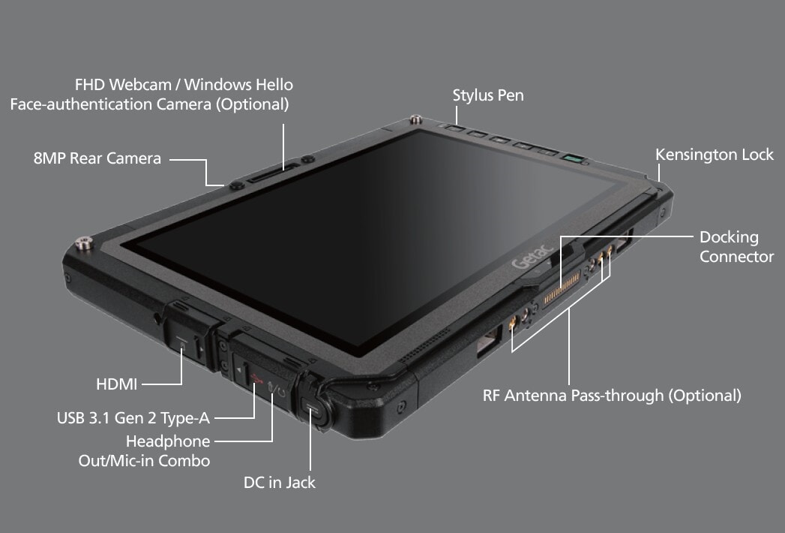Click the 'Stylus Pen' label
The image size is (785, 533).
coord(488,95)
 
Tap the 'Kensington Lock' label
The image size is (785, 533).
coord(715,155)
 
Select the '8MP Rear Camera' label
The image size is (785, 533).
coord(97,158)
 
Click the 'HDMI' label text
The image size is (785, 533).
coord(117,384)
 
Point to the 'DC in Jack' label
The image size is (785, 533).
coord(280,483)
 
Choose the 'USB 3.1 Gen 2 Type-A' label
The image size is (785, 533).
coord(133,417)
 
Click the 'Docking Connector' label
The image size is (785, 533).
coord(736,247)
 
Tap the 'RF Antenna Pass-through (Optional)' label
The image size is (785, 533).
coord(612,396)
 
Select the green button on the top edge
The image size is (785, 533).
coord(573,159)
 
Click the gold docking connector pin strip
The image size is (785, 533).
coord(562,288)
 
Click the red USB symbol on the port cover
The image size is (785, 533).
coord(257,378)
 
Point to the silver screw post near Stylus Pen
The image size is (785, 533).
coord(415,120)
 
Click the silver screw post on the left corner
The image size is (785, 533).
coord(84,243)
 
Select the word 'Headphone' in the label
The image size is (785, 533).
coord(168,441)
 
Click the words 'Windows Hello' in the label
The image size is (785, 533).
coord(238,85)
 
